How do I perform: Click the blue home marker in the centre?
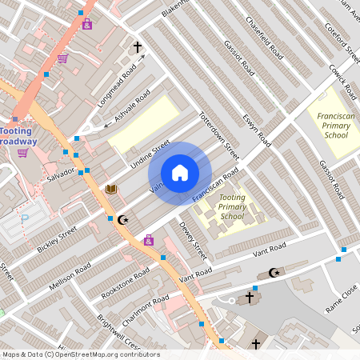coord(180,173)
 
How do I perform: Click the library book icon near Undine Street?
coord(111,189)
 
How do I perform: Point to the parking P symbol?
coord(24,218)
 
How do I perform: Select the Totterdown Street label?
coord(218,133)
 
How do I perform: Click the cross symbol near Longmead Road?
coord(137,47)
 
